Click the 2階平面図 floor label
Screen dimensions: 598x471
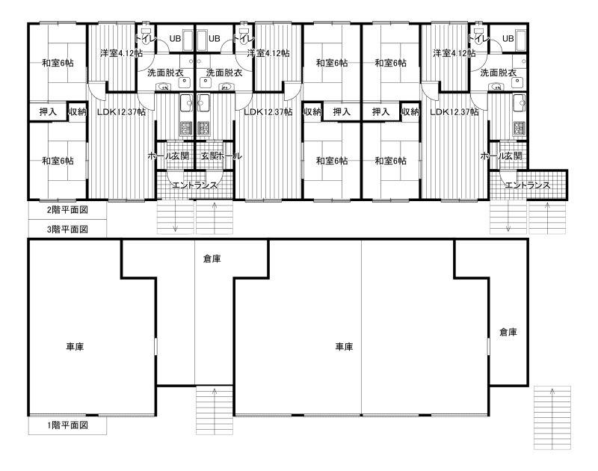67,210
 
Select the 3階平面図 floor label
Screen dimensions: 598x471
67,230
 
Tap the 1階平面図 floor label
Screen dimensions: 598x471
67,425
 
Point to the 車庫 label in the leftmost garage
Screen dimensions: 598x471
75,347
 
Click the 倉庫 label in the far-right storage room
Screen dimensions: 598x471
508,332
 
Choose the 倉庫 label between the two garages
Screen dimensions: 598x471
212,259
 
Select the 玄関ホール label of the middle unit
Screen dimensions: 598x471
221,156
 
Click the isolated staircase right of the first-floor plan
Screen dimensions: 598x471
552,418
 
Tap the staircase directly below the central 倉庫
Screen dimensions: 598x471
215,410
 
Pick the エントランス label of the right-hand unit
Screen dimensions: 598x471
528,185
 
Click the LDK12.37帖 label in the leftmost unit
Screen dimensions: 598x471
121,111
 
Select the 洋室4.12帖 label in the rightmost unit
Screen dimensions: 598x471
454,53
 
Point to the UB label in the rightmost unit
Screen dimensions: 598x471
508,39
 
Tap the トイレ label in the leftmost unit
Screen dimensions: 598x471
145,39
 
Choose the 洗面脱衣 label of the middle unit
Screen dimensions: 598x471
224,73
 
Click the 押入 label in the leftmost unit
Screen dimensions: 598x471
48,111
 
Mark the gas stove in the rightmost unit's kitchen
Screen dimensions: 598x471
520,129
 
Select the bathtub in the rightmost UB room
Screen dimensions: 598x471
520,40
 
